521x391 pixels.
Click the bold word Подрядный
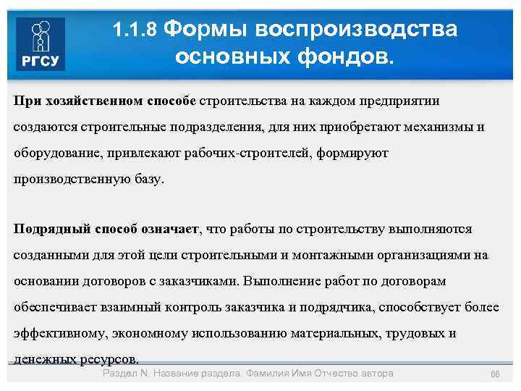(x=50, y=230)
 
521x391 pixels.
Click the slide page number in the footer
(x=495, y=374)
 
